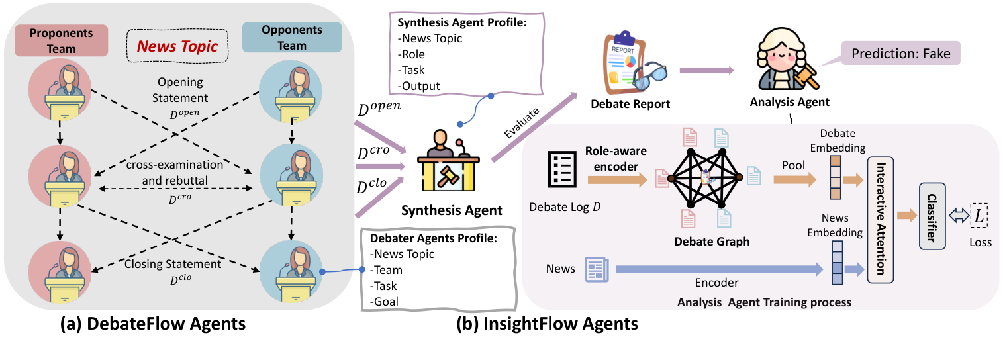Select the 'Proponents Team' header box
point(60,40)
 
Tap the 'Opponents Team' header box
point(292,37)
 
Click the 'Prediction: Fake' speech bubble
point(900,54)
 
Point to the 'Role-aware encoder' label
point(615,158)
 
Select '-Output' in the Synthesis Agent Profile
point(420,85)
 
